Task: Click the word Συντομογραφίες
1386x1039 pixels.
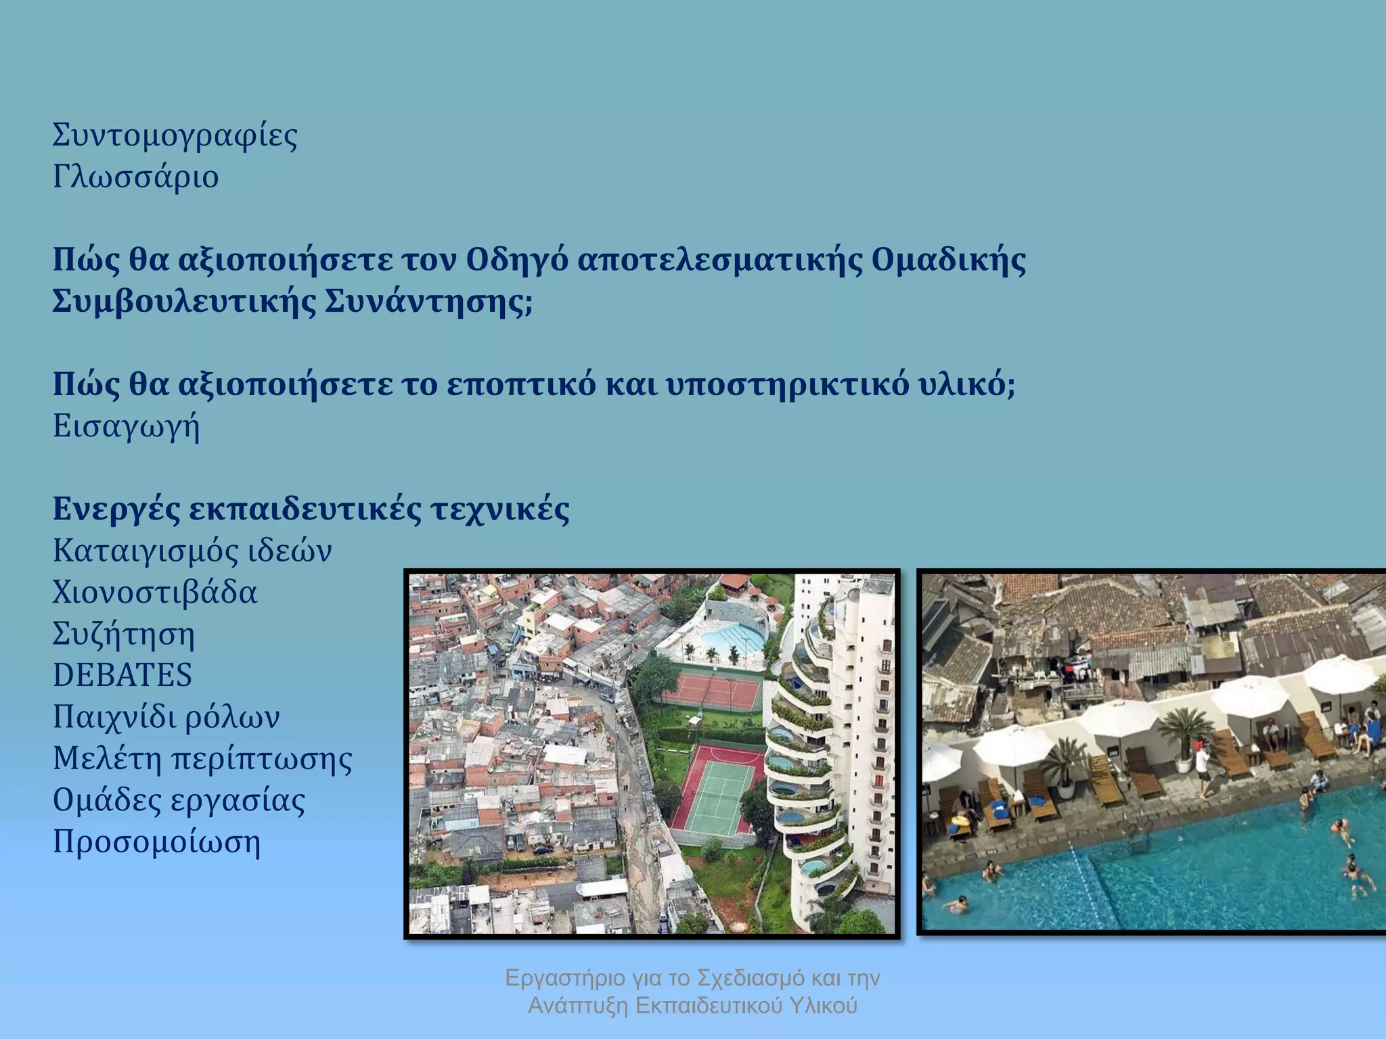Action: (175, 135)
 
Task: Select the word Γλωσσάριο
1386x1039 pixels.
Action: (135, 177)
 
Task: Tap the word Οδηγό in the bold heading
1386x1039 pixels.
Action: (516, 260)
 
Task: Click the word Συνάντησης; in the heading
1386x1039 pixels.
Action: (428, 302)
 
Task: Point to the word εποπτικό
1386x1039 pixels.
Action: (521, 385)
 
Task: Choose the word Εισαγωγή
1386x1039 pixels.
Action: (127, 427)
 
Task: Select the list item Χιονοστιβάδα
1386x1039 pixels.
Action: (155, 593)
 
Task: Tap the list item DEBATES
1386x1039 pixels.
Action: (122, 675)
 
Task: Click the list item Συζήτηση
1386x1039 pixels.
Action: (124, 634)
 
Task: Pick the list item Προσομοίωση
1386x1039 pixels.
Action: (156, 842)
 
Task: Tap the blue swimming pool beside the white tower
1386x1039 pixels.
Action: (733, 636)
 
